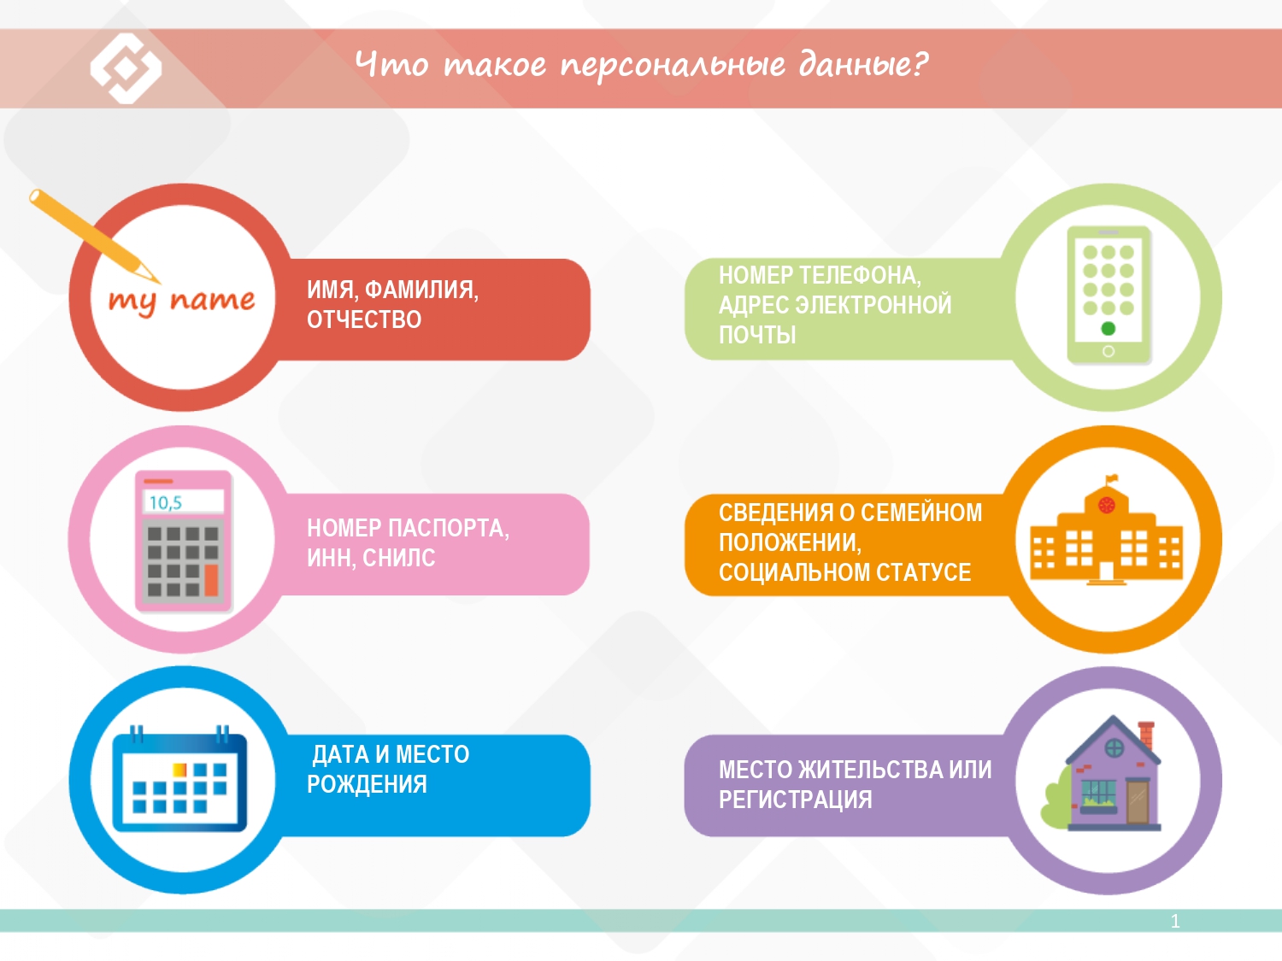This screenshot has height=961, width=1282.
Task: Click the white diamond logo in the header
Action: point(126,68)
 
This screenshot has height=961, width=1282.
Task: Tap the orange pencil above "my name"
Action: point(93,236)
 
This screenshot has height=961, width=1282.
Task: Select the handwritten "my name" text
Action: point(182,302)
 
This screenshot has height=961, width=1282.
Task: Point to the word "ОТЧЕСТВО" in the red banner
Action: point(364,319)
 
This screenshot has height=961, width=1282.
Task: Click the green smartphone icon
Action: point(1108,296)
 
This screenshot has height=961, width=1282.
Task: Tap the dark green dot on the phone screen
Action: point(1108,329)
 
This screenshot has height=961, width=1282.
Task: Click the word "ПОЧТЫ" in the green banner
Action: point(757,335)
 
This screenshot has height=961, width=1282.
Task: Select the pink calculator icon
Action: point(184,541)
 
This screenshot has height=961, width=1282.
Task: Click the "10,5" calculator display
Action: point(184,501)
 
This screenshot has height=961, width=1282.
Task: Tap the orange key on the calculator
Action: point(211,579)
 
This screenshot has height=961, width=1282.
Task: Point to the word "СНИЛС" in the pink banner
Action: point(399,558)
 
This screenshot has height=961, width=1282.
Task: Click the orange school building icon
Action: point(1106,531)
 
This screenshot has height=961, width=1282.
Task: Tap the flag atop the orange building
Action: point(1111,479)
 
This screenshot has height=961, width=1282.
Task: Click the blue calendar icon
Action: point(179,778)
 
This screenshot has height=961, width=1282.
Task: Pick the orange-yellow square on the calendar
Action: point(179,770)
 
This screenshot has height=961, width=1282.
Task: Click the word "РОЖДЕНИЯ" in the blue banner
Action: point(367,784)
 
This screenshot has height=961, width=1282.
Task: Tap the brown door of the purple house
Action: point(1138,802)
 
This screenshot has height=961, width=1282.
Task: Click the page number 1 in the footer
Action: point(1175,921)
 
